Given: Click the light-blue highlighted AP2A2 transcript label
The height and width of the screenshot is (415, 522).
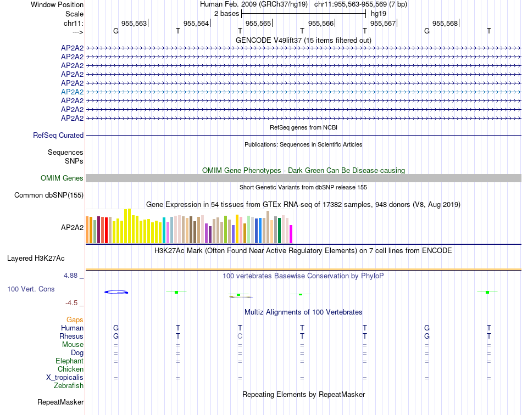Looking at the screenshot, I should pos(72,92).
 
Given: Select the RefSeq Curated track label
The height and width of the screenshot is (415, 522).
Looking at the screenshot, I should pos(58,135).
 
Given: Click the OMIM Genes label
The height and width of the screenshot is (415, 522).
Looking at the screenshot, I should pos(62,178).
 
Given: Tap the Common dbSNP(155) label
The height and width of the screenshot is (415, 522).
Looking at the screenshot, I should pos(49,195).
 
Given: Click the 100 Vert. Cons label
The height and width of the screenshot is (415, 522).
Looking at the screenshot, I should pos(31,289).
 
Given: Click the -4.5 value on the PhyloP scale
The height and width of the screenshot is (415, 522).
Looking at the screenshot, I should pos(74,302).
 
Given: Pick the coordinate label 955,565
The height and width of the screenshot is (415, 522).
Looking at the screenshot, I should pos(258,23).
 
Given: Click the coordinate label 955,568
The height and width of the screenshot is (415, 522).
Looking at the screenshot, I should pos(445,23).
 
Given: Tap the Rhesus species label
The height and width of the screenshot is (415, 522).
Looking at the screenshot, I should pos(71,336).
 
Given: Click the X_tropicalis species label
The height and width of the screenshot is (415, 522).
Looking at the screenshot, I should pos(65,378).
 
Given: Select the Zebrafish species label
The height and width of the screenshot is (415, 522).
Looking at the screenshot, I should pos(69,386).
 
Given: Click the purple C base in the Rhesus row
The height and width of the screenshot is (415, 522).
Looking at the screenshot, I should pos(240,336).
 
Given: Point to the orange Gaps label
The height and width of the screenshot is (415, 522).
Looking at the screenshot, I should pos(75,319).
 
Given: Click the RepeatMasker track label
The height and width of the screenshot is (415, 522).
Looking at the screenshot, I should pos(60,402).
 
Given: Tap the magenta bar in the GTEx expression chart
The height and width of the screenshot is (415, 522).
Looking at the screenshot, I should pos(291,234).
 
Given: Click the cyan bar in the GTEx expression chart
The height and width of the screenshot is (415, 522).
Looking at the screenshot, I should pos(164,231).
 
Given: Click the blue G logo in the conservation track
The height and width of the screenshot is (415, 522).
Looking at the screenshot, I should pos(116,291).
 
